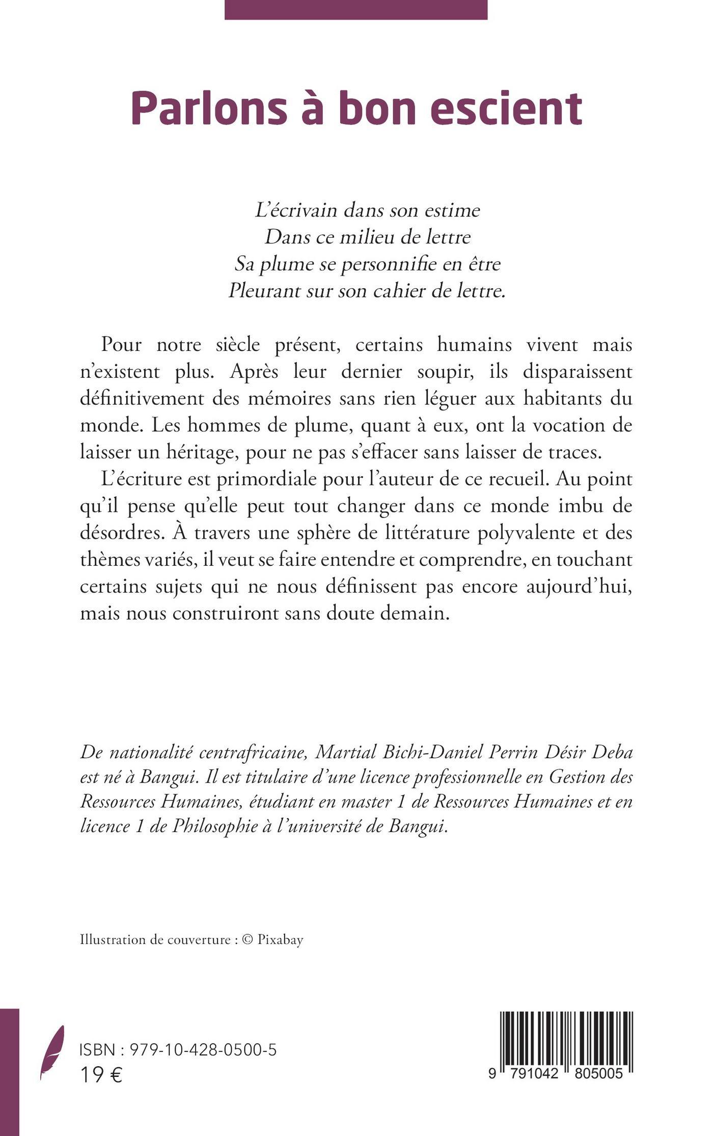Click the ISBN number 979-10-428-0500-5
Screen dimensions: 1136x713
point(204,1050)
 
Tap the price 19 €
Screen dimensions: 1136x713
point(101,1075)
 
